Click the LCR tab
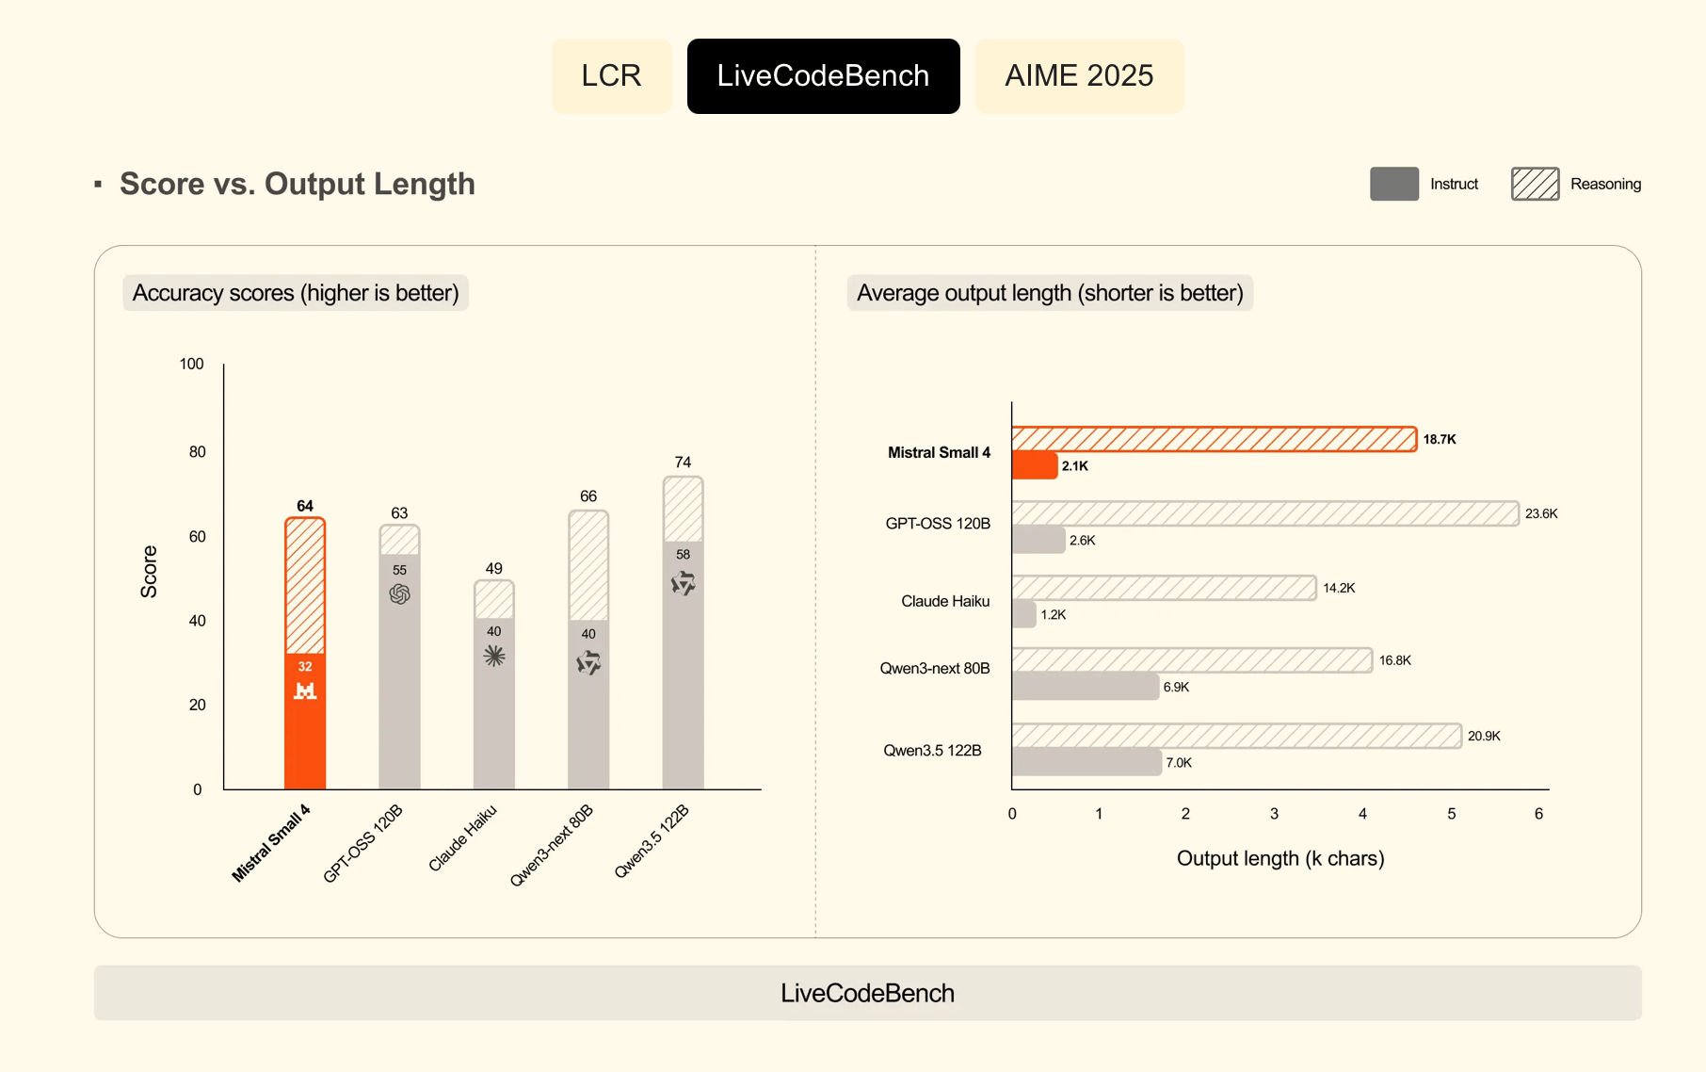[611, 76]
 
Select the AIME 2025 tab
[1079, 76]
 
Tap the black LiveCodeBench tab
[823, 76]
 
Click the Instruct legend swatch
[1393, 184]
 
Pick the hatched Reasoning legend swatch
[1535, 184]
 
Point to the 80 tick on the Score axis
[197, 452]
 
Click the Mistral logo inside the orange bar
[305, 690]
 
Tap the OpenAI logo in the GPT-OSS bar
[399, 593]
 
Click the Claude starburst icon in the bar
[494, 656]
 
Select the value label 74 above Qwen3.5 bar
[683, 463]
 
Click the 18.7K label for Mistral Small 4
[1439, 439]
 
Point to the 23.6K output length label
[1541, 513]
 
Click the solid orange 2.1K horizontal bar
[1035, 465]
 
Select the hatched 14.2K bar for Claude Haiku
[1164, 588]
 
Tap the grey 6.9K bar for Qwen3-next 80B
[1085, 687]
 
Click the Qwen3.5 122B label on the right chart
[932, 751]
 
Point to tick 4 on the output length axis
[1362, 814]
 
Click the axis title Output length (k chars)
[1280, 858]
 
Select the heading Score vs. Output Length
[298, 184]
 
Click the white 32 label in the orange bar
[305, 666]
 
